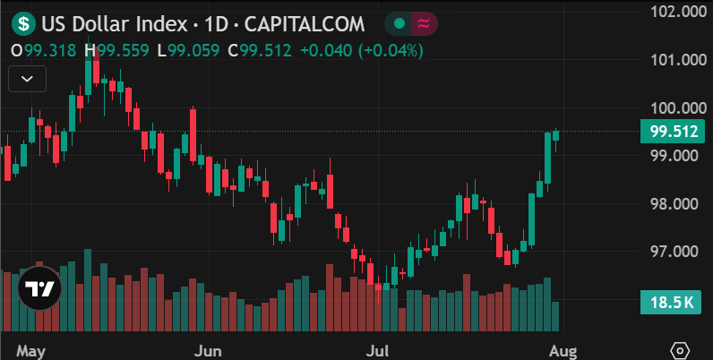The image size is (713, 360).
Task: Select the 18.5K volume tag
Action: [x=672, y=304]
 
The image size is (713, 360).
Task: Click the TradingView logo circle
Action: [x=39, y=288]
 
